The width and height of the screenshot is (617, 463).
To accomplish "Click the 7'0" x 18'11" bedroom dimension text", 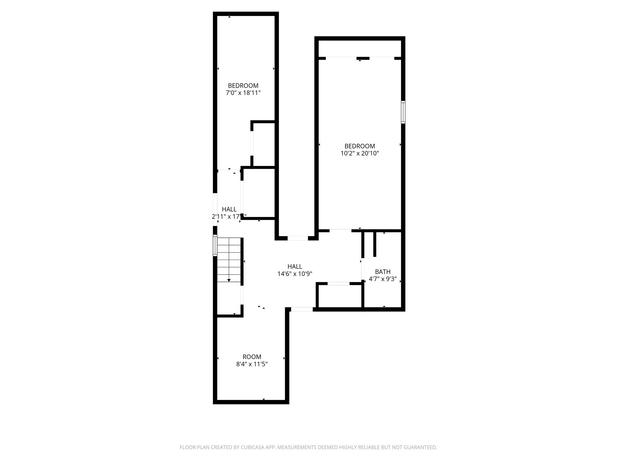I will pyautogui.click(x=243, y=93).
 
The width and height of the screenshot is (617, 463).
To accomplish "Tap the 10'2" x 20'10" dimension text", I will pyautogui.click(x=359, y=153).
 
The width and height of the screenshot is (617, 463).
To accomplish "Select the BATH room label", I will pyautogui.click(x=383, y=272).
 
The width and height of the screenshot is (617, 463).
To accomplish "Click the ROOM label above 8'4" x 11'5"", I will pyautogui.click(x=252, y=357).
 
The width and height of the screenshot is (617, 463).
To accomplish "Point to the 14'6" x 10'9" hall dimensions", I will pyautogui.click(x=295, y=274).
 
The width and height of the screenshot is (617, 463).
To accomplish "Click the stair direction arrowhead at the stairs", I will pyautogui.click(x=229, y=280).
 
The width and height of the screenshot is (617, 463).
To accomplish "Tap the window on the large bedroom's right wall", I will pyautogui.click(x=403, y=112).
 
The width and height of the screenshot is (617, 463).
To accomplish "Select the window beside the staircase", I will pyautogui.click(x=215, y=245).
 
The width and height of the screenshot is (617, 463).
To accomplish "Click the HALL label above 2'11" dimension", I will pyautogui.click(x=229, y=209).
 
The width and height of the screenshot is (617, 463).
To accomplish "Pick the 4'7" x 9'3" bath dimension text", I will pyautogui.click(x=383, y=279).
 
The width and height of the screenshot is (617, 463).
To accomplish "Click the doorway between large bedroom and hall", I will pyautogui.click(x=340, y=231).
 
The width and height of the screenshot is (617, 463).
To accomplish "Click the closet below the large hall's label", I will pyautogui.click(x=339, y=296).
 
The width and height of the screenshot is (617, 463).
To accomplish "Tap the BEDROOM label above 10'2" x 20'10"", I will pyautogui.click(x=359, y=146).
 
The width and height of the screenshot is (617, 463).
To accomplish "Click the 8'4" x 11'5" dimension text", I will pyautogui.click(x=252, y=364).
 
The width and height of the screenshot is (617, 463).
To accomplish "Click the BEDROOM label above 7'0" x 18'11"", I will pyautogui.click(x=243, y=86).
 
